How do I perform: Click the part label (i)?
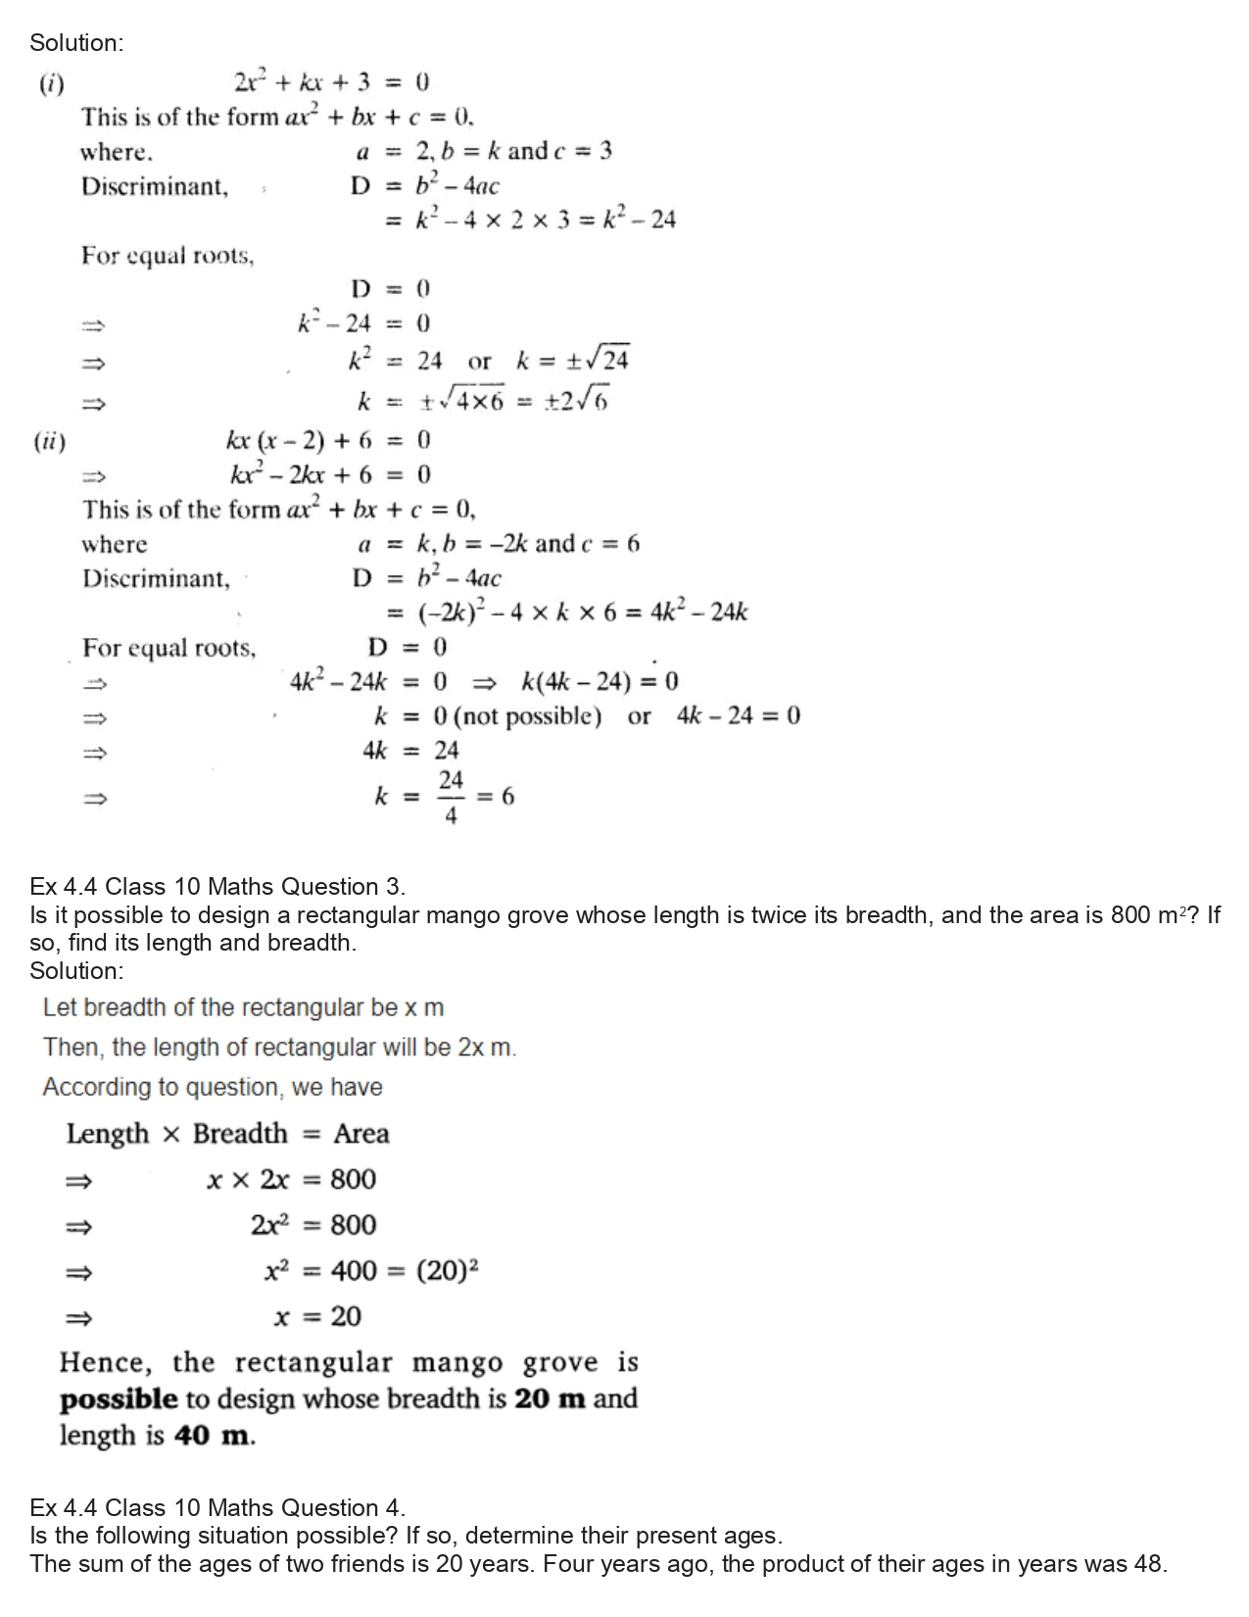pos(51,83)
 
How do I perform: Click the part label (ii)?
pos(50,441)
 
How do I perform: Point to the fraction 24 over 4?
pos(450,798)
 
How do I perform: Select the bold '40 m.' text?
pos(215,1436)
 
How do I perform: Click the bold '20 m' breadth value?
pos(550,1398)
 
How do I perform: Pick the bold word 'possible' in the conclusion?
pos(119,1399)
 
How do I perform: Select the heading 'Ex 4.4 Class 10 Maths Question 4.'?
pos(217,1507)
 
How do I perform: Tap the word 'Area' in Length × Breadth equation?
pos(361,1134)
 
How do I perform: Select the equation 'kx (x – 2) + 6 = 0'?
pos(328,440)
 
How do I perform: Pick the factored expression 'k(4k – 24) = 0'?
pos(600,681)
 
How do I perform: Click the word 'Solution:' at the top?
pos(76,42)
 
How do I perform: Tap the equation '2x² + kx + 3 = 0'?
pos(331,82)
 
